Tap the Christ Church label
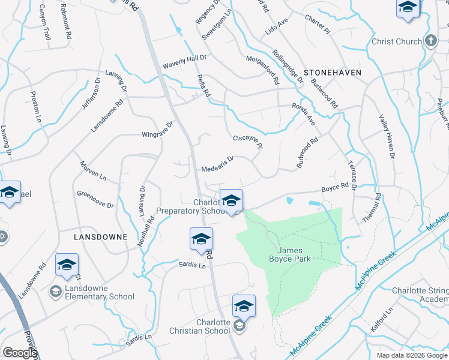click(x=397, y=41)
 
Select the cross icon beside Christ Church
click(x=430, y=41)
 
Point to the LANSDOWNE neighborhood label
click(x=100, y=237)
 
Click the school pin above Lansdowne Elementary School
click(x=67, y=265)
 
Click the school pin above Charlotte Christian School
click(x=244, y=307)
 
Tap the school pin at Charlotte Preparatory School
click(x=231, y=201)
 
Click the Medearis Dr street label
click(x=217, y=163)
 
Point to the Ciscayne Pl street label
click(x=248, y=142)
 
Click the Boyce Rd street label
click(x=335, y=188)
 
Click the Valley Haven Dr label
click(x=387, y=137)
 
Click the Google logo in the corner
click(x=20, y=353)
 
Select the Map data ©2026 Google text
click(x=411, y=355)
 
